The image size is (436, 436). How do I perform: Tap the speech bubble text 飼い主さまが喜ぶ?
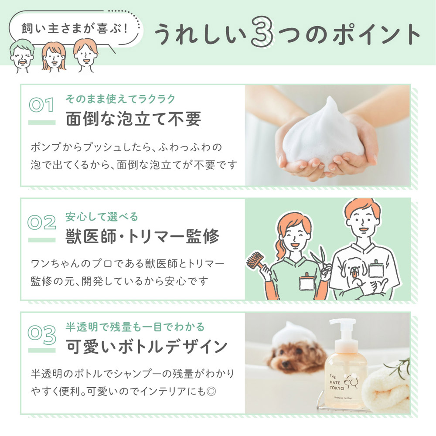pos(74,29)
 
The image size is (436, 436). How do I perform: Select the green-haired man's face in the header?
pos(22,56)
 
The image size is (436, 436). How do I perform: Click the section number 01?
pos(41,105)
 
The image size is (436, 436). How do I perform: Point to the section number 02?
pos(42,222)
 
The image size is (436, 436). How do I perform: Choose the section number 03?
pos(42,335)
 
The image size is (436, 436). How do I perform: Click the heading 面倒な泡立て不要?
pos(133,119)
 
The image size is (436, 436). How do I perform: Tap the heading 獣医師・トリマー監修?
pos(142,236)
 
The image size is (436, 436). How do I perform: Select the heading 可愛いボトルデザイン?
pos(146,347)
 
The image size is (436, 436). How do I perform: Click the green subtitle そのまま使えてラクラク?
pos(120,99)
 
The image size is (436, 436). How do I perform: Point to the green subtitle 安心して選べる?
pos(102,217)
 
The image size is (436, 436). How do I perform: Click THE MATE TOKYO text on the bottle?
pos(337,382)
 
